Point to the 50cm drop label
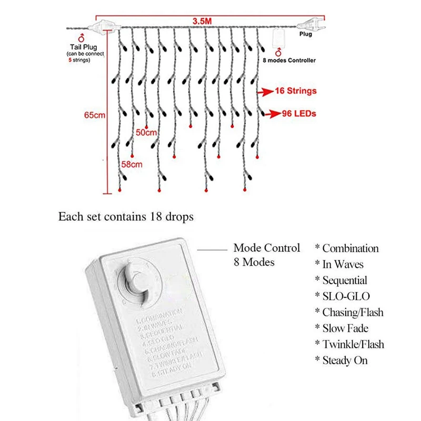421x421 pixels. tap(147, 132)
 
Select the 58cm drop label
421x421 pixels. tap(132, 165)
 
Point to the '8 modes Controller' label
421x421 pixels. tap(289, 61)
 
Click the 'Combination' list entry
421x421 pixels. tap(350, 248)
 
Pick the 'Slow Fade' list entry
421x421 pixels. tap(345, 328)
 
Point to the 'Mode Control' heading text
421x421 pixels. tap(267, 248)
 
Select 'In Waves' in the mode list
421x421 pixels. tap(343, 264)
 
